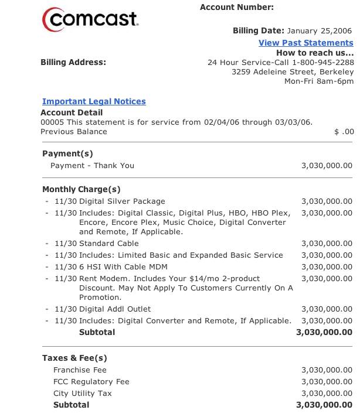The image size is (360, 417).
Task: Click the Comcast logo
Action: coord(90,20)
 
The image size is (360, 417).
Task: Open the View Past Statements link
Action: coord(305,43)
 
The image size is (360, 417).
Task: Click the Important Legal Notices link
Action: coord(94,101)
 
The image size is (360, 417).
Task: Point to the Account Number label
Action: coord(236,8)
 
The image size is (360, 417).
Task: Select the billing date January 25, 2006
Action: coord(320,31)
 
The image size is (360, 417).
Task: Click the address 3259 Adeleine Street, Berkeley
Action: coord(293,72)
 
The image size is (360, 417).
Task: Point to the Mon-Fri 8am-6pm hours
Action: coord(319,81)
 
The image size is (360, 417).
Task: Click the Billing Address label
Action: coord(73,63)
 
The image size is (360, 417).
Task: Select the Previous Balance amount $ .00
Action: coord(344,132)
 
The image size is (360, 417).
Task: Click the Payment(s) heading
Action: coord(67,153)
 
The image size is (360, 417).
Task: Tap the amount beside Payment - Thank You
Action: coord(327,166)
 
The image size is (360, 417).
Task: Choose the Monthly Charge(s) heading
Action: coord(81,189)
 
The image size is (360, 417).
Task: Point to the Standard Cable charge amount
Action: coord(327,244)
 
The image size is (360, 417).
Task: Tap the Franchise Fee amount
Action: coord(327,370)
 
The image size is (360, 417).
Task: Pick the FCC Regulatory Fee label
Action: coord(91,382)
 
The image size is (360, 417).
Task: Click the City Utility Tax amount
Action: coord(327,394)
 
